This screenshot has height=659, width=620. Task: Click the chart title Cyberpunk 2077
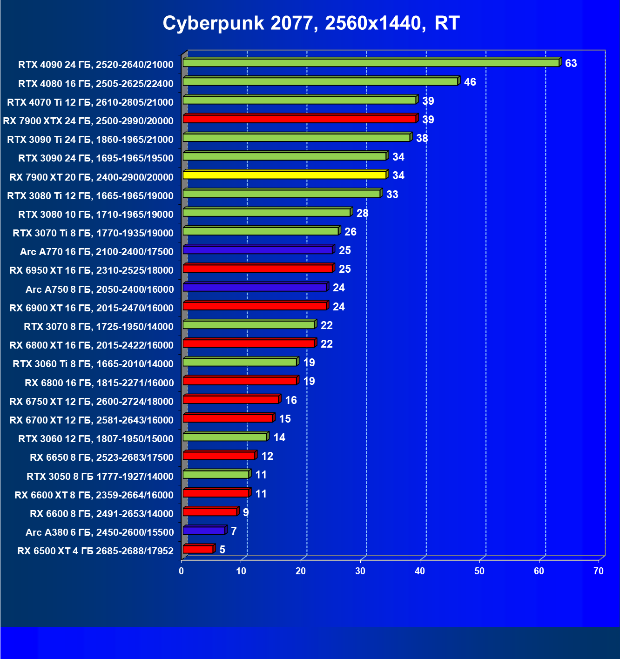311,23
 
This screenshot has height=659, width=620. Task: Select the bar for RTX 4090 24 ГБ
371,63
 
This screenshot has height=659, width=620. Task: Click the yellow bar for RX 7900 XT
284,175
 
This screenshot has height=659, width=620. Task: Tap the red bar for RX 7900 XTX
299,119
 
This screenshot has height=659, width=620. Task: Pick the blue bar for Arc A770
257,250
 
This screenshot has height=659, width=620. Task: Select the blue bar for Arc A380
204,531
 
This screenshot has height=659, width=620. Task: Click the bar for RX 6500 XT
198,549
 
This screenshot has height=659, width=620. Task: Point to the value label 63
571,63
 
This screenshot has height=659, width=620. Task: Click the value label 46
470,82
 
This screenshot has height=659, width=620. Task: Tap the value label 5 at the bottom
222,550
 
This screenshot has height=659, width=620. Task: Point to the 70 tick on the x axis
599,571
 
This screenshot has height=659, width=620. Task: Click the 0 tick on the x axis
182,571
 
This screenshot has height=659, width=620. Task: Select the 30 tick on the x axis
360,571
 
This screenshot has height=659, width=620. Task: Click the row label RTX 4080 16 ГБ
95,84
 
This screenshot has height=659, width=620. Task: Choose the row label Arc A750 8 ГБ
100,289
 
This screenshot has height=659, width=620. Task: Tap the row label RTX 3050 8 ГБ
100,477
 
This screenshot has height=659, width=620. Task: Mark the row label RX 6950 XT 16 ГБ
91,270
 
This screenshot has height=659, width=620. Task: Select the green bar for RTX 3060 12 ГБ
225,437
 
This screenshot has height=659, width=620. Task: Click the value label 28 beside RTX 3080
362,213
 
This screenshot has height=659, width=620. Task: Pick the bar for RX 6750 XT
231,399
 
